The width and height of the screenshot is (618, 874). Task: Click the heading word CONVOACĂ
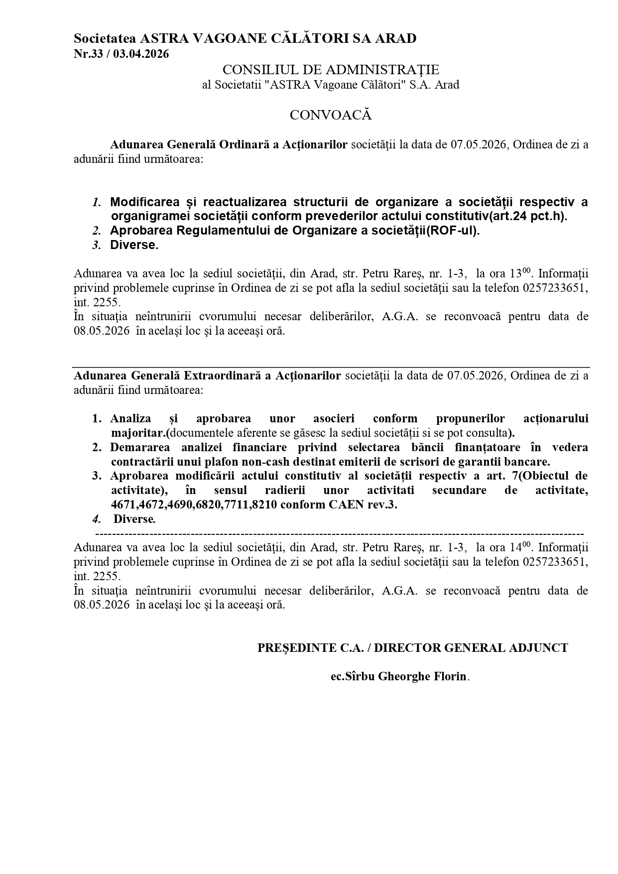coord(331,115)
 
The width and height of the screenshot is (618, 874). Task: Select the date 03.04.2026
coord(141,54)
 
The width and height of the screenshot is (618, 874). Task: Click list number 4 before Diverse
coord(97,519)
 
